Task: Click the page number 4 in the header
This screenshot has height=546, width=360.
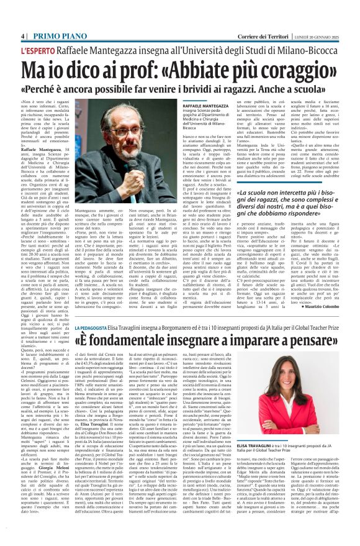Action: pos(23,37)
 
